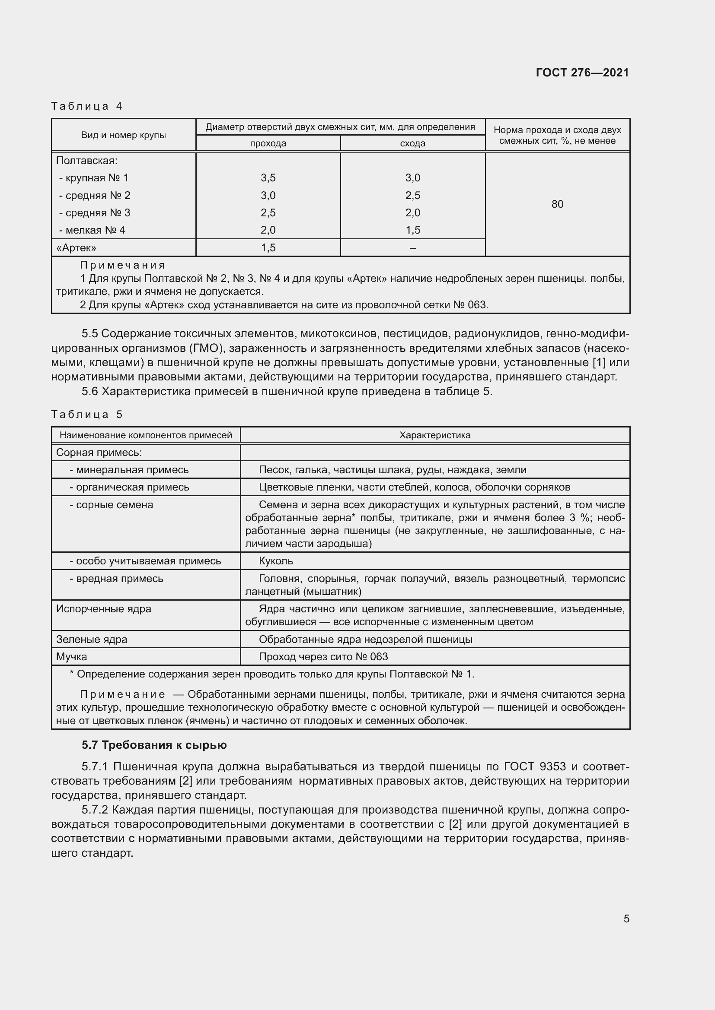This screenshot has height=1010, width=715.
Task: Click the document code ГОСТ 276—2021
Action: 582,73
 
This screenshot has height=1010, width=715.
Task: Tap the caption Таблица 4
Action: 87,106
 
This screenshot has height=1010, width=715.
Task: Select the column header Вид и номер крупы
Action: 123,135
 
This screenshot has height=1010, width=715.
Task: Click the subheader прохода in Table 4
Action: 268,143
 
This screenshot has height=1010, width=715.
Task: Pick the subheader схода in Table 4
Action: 412,143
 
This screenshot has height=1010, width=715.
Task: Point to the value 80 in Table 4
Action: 557,204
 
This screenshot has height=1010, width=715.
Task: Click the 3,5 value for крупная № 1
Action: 268,178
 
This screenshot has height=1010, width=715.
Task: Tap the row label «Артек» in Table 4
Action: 76,248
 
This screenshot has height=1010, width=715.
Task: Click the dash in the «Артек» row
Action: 412,248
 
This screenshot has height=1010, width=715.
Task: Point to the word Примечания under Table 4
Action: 122,265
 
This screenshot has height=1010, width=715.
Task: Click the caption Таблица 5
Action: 87,415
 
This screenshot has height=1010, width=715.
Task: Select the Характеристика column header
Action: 434,435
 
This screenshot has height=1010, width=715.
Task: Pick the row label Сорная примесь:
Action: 99,453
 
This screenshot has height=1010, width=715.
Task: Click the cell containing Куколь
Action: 276,561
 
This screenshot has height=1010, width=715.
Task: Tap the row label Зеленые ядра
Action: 92,639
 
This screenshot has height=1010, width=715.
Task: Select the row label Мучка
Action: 71,657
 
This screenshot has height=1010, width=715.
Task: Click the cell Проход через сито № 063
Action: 323,657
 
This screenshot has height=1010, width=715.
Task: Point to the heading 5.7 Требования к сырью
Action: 154,745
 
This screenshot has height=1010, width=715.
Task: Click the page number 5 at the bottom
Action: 626,918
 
